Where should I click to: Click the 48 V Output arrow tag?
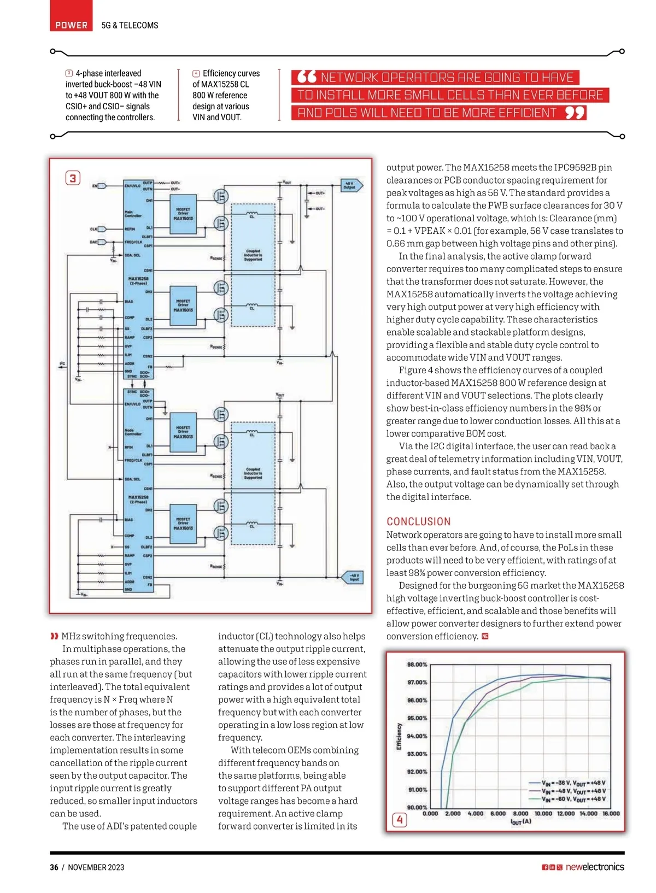[x=350, y=186]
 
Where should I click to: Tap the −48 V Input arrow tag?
[x=354, y=577]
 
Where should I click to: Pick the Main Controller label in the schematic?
[x=133, y=214]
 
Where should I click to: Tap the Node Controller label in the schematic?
[x=133, y=432]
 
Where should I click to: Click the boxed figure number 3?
[x=73, y=178]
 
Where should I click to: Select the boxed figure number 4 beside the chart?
[x=400, y=820]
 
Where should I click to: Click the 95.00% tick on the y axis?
[x=417, y=718]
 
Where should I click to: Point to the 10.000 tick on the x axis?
[x=543, y=813]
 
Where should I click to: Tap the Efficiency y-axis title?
[x=399, y=736]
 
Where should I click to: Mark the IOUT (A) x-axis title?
[x=520, y=821]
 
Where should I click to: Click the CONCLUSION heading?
[x=419, y=521]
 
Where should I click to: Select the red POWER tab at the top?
[x=71, y=25]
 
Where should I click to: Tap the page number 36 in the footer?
[x=54, y=867]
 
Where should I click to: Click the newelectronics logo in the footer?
[x=594, y=867]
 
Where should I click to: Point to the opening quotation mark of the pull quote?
[x=307, y=77]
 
